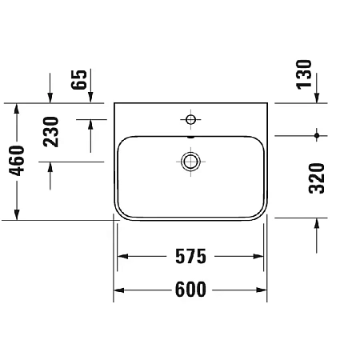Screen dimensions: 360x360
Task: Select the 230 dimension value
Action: click(x=51, y=133)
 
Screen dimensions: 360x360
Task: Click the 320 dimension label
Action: click(x=317, y=178)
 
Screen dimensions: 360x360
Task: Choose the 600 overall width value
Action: click(x=190, y=290)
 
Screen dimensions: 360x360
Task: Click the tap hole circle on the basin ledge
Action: click(x=190, y=120)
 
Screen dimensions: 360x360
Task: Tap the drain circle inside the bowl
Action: click(x=190, y=162)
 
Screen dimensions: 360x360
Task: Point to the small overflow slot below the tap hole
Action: click(x=190, y=135)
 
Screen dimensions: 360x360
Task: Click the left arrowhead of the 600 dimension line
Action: click(x=118, y=290)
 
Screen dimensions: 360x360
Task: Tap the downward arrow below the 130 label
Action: click(x=318, y=98)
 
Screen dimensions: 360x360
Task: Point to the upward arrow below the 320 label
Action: click(x=318, y=223)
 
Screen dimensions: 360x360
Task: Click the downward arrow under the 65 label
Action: click(x=90, y=98)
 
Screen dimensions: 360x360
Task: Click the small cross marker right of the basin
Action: click(x=318, y=133)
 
